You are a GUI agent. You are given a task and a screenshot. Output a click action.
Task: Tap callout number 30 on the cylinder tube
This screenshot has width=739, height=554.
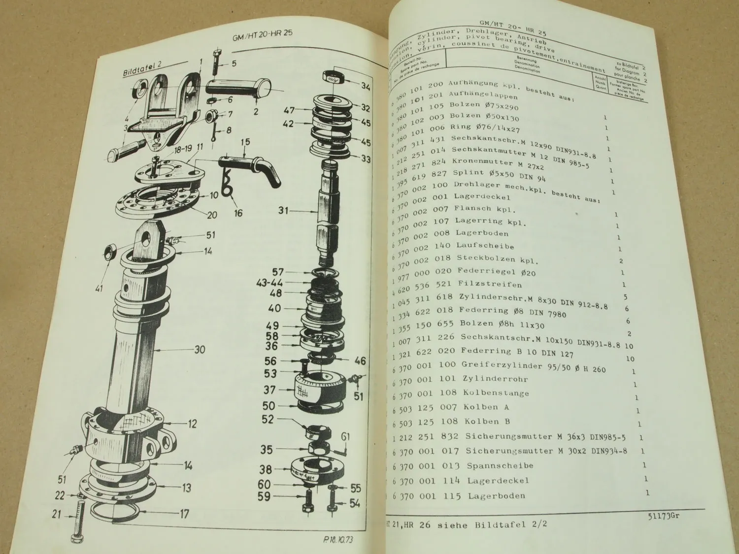pyautogui.click(x=199, y=350)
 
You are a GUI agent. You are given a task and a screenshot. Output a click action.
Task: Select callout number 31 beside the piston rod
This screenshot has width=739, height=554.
pyautogui.click(x=283, y=210)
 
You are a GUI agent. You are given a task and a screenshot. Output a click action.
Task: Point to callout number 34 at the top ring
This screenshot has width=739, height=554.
pyautogui.click(x=365, y=87)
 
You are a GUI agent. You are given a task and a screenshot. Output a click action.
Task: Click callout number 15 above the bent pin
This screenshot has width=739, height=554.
pyautogui.click(x=245, y=143)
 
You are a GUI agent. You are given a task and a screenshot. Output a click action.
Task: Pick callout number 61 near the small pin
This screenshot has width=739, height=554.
pyautogui.click(x=345, y=436)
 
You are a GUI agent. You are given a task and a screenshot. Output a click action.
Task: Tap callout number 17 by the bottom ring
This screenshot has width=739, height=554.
pyautogui.click(x=184, y=514)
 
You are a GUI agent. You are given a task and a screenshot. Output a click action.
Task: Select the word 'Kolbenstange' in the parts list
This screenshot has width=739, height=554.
pyautogui.click(x=496, y=393)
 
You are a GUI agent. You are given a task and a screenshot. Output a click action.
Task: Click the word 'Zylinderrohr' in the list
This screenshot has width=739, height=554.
pyautogui.click(x=495, y=379)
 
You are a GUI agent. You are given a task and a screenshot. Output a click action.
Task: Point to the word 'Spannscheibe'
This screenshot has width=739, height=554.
pyautogui.click(x=500, y=465)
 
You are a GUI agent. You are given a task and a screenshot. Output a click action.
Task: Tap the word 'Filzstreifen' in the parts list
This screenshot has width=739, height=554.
pyautogui.click(x=489, y=284)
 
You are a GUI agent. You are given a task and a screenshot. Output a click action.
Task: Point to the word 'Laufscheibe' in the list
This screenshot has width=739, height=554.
pyautogui.click(x=485, y=246)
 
